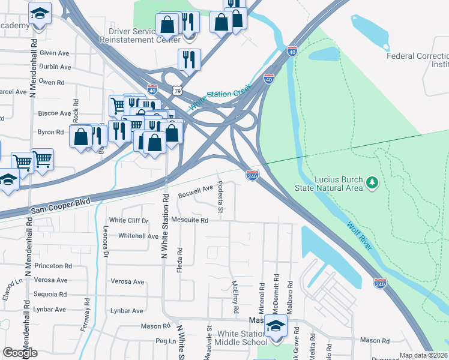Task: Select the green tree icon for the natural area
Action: pos(372,181)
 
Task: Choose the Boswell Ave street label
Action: pos(196,192)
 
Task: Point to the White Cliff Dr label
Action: pos(128,220)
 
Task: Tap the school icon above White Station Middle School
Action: pos(276,326)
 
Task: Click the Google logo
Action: pos(20,352)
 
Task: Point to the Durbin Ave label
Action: pos(55,67)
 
